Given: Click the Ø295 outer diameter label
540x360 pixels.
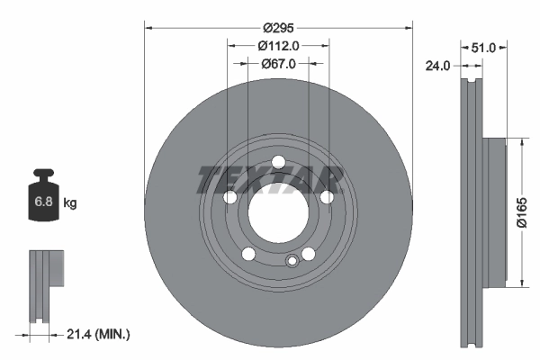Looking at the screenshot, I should (x=277, y=27).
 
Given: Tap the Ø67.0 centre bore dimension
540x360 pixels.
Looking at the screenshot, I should (x=277, y=64).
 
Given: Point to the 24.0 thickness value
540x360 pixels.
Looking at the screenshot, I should (x=438, y=64).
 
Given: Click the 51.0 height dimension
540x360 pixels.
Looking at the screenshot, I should (x=483, y=46).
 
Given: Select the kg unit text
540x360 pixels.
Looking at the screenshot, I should (x=69, y=203).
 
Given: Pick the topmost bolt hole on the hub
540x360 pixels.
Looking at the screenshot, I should (x=278, y=162).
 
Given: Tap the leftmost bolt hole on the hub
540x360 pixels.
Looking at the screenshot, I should (x=229, y=198).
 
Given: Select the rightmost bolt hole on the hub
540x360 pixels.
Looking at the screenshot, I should (x=328, y=198).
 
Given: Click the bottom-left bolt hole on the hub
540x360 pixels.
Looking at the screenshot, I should (x=247, y=254).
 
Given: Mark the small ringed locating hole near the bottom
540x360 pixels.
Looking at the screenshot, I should (x=291, y=262).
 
